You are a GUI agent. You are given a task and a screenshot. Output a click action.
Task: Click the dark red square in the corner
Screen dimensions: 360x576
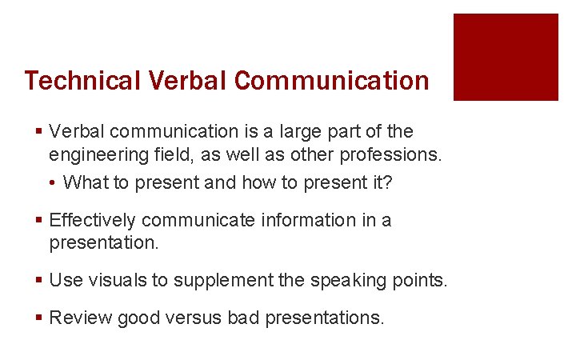[506, 57]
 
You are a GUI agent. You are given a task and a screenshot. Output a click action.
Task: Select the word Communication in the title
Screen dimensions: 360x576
[332, 81]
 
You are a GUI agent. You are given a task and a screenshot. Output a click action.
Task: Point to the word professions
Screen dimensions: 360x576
[394, 154]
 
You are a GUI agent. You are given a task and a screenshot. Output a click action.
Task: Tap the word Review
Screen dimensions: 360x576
[81, 318]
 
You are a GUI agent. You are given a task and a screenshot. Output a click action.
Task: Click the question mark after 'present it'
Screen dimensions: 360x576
[387, 182]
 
